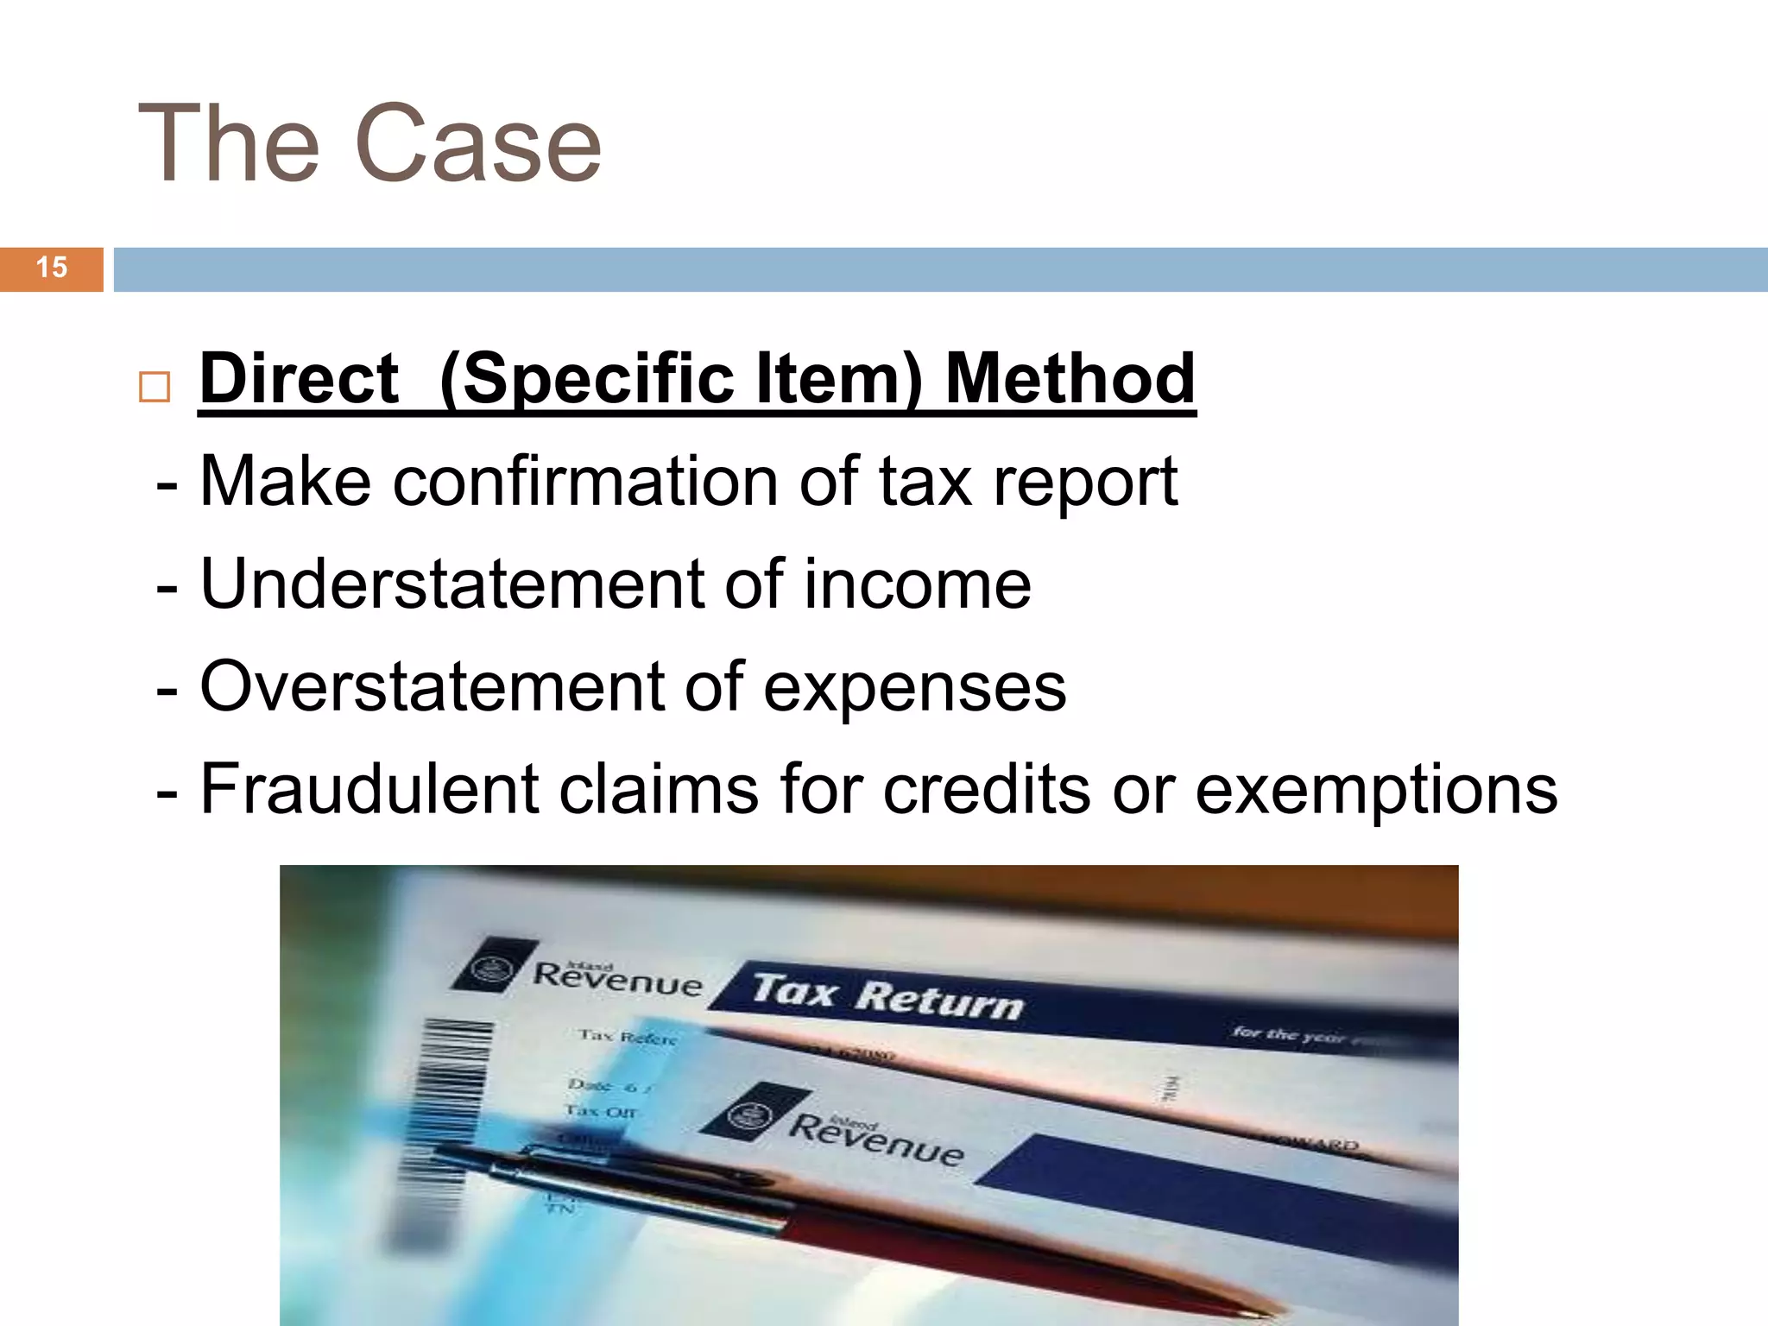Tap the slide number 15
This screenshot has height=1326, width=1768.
click(52, 268)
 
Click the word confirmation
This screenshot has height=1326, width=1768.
click(585, 481)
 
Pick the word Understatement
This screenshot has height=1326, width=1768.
click(451, 584)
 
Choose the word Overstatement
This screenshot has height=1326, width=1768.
click(432, 686)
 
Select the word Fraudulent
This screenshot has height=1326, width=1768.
click(369, 789)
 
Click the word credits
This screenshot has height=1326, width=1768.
click(987, 789)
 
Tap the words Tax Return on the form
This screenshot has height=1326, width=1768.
click(887, 997)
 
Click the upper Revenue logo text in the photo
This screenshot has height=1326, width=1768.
click(617, 979)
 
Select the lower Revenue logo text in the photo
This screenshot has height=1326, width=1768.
click(876, 1138)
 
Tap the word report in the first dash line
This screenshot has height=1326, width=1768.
click(1085, 483)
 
